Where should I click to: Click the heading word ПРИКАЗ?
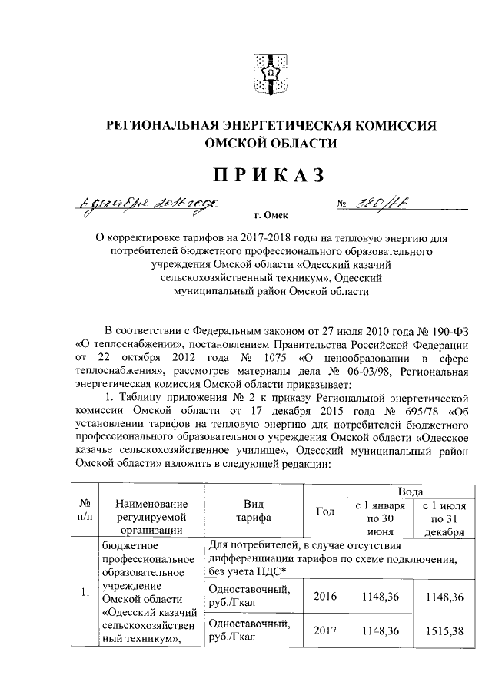[270, 175]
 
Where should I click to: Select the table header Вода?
[407, 490]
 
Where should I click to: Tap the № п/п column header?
[85, 511]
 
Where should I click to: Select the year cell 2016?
[325, 597]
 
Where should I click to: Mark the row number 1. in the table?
[85, 592]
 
